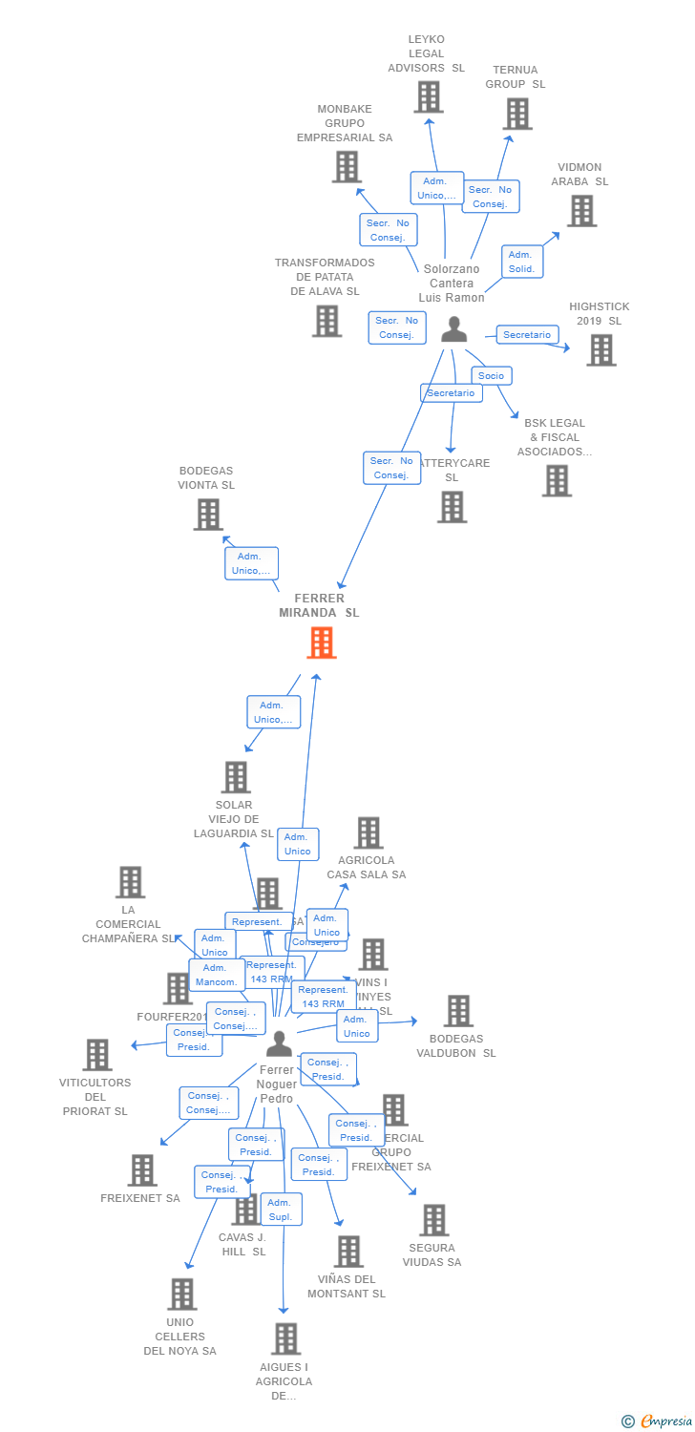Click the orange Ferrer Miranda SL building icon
tap(322, 642)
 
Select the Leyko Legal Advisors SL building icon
tap(429, 96)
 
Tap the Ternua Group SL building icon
tap(517, 114)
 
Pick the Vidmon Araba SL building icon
tap(581, 211)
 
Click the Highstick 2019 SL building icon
tap(600, 350)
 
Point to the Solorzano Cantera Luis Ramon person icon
tap(454, 329)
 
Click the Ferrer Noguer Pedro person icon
tap(279, 1043)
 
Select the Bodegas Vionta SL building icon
tap(208, 515)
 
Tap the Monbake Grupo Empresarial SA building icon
tap(347, 167)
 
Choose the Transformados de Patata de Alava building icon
tap(326, 321)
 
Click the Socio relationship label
tap(491, 375)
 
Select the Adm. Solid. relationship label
tap(521, 262)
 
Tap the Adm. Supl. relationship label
tap(281, 1210)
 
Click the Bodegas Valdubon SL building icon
tap(458, 1011)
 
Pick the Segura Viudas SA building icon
tap(434, 1220)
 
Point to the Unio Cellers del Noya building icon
tap(181, 1295)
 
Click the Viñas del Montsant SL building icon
tap(348, 1252)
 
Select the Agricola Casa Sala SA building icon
tap(369, 832)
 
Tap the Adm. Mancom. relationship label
tap(215, 975)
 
